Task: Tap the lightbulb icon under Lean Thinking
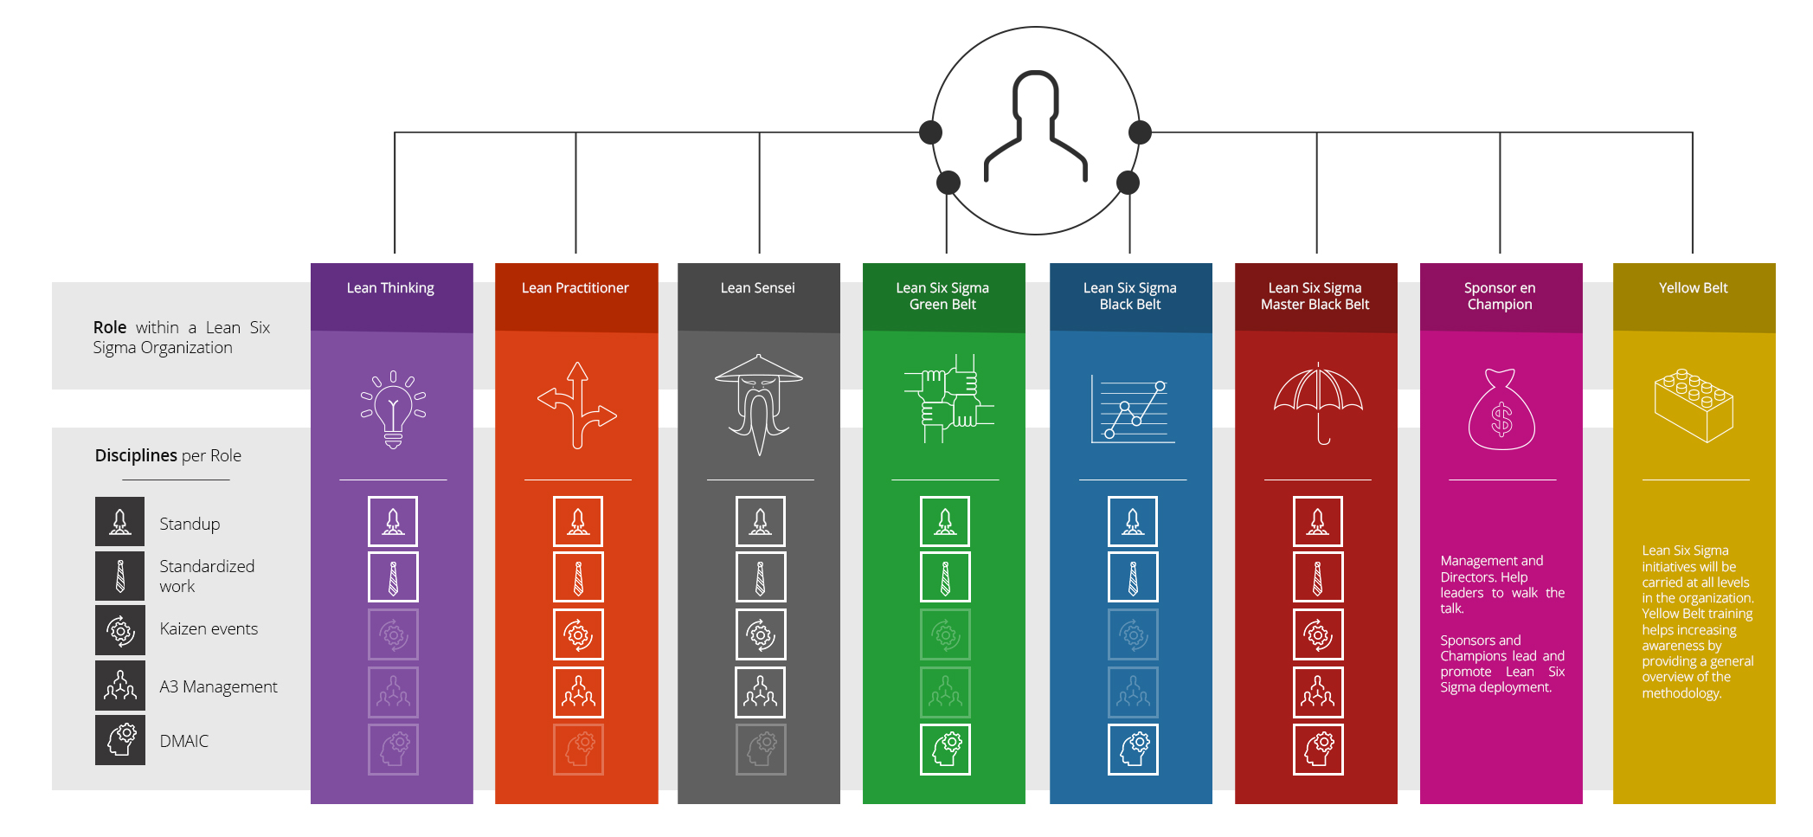coord(393,409)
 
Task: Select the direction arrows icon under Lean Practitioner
coord(577,405)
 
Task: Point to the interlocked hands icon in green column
coord(948,399)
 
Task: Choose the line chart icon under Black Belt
coord(1133,409)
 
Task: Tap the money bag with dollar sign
coord(1501,410)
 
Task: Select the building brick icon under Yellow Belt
coord(1694,404)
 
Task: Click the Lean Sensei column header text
coord(757,288)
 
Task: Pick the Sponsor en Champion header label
coord(1500,296)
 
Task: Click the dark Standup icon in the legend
coord(120,521)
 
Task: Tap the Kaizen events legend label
coord(209,629)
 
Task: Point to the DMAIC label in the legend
coord(184,741)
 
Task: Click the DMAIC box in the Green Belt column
coord(945,750)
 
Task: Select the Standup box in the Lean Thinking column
coord(393,521)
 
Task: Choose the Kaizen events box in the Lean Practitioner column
coord(578,634)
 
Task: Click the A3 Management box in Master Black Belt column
coord(1318,692)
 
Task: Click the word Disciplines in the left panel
coord(136,455)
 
